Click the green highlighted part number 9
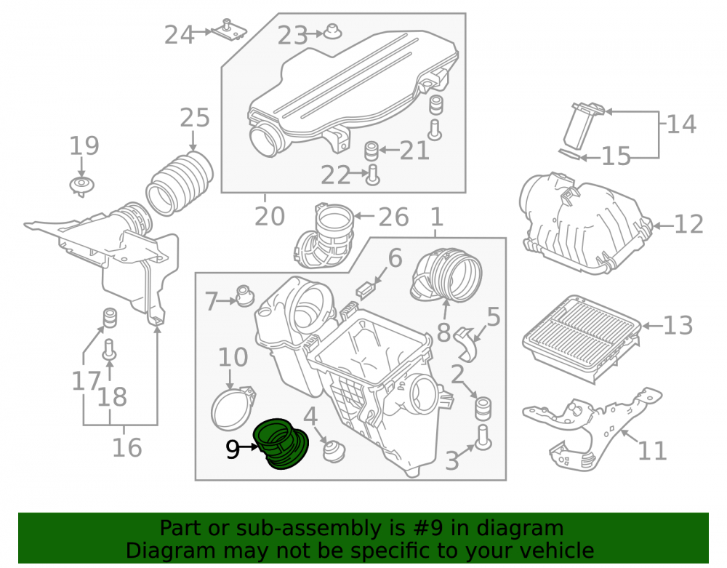281,444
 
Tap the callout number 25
194,119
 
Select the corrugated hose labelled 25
180,183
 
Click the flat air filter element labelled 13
582,339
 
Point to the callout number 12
688,225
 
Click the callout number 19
84,145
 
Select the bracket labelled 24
229,31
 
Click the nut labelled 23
332,31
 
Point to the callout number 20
270,217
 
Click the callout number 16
126,448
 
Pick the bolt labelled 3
483,437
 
